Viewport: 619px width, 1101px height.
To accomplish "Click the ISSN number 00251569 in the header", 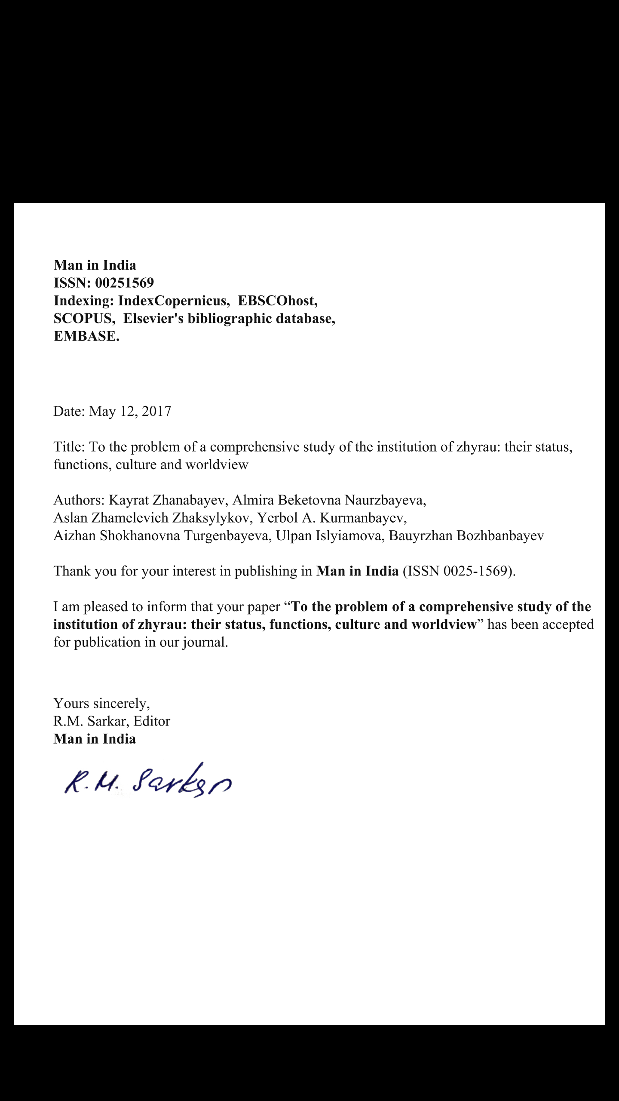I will (x=124, y=283).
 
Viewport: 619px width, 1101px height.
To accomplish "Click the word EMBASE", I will (x=86, y=336).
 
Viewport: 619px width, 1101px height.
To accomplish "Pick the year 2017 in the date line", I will (x=156, y=412).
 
